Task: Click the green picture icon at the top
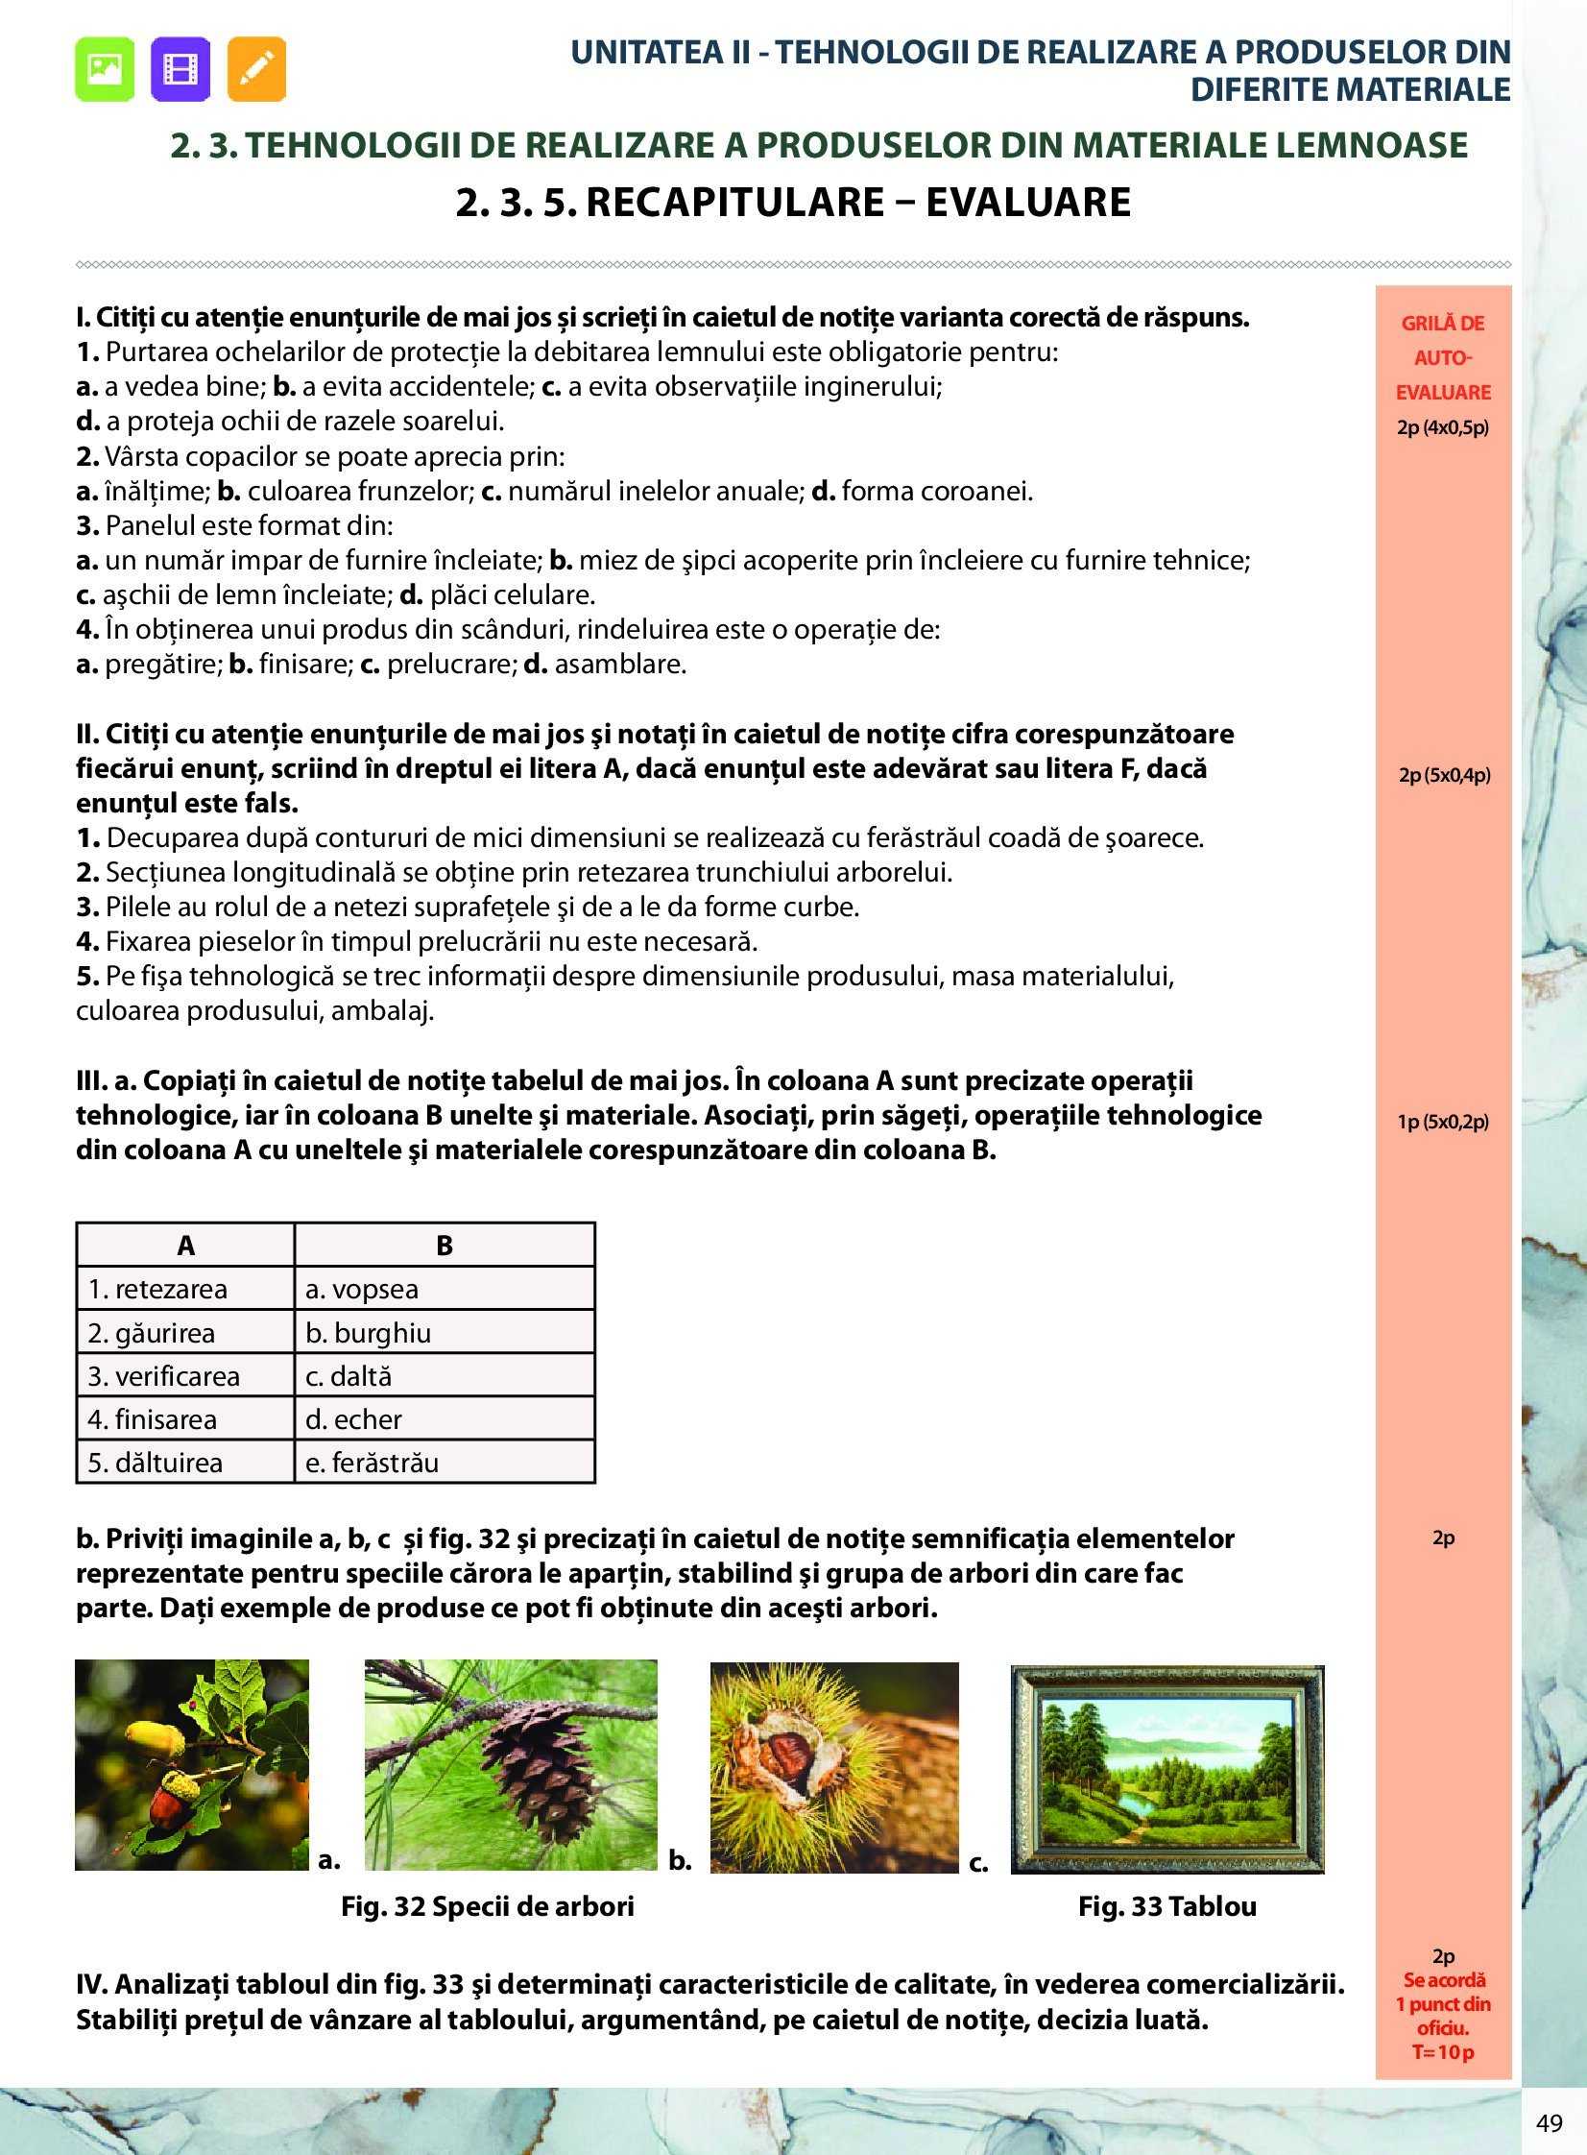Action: (x=105, y=69)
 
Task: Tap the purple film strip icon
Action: (x=180, y=69)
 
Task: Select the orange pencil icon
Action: (x=256, y=69)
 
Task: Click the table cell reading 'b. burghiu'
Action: (x=444, y=1333)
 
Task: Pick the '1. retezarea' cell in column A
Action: (x=185, y=1290)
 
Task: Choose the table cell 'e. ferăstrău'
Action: (x=444, y=1463)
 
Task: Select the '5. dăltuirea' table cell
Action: (x=185, y=1463)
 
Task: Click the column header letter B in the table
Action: (x=444, y=1247)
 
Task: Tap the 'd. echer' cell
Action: (x=444, y=1419)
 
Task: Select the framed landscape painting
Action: (x=1167, y=1769)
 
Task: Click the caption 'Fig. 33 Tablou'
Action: (x=1167, y=1906)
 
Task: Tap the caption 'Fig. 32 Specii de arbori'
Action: (x=488, y=1906)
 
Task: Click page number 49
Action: (x=1549, y=2123)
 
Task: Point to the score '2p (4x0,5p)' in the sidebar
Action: (x=1443, y=427)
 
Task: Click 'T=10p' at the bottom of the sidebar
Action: (x=1443, y=2052)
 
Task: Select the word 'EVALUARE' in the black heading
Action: (x=1028, y=203)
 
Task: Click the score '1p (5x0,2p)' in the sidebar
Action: (x=1443, y=1122)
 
